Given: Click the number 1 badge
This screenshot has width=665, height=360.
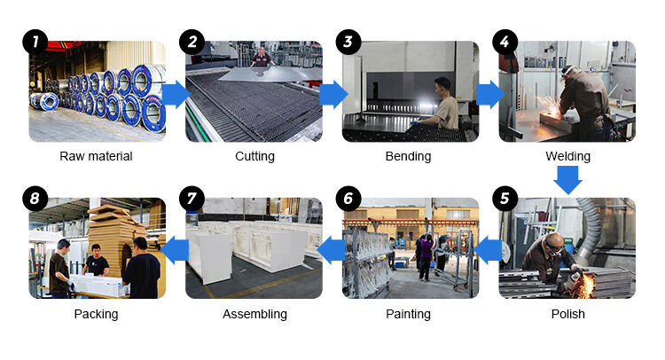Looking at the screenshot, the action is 35,42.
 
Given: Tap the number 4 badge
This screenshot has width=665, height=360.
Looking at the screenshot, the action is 505,42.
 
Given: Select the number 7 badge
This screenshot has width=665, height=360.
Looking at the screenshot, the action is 192,199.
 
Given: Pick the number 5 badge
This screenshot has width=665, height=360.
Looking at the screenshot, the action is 505,199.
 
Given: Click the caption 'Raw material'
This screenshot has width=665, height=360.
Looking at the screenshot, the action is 96,156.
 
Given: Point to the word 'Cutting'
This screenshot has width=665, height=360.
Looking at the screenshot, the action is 254,156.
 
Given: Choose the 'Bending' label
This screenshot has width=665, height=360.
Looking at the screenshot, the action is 408,156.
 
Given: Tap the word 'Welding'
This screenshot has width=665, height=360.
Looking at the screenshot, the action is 567,156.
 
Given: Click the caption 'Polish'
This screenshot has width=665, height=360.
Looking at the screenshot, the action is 567,314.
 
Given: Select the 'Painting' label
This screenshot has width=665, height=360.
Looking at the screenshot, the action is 408,314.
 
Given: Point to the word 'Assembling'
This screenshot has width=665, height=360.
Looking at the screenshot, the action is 254,314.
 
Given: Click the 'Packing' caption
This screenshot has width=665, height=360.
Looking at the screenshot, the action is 96,314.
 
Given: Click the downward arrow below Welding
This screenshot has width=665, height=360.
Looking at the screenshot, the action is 567,180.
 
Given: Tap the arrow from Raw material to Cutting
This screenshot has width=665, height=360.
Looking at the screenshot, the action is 176,95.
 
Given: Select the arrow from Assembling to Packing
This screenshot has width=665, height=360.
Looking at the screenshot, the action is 175,250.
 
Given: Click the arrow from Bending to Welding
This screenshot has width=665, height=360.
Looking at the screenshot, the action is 490,95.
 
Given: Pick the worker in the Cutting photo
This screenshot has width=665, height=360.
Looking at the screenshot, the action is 262,57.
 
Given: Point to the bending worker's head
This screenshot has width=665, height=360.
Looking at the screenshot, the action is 442,88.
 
